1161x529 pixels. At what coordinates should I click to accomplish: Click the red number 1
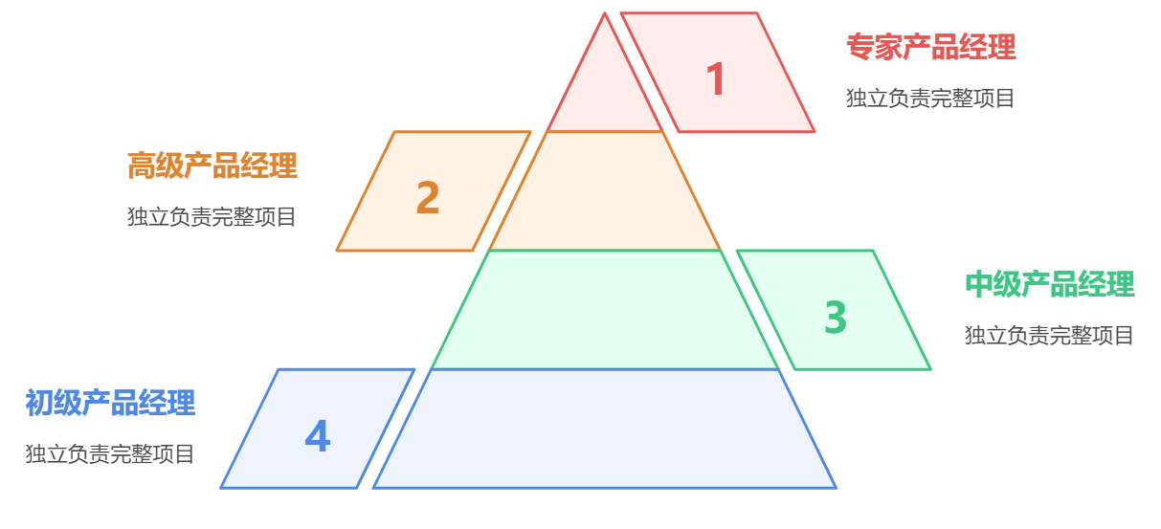(x=716, y=79)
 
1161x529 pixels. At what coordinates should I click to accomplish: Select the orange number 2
(x=428, y=198)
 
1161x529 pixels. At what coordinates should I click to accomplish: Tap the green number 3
(x=836, y=318)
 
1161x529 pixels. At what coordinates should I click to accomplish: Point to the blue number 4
(x=317, y=437)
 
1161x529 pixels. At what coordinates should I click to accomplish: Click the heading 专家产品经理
(x=930, y=47)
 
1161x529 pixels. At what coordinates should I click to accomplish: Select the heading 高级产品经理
(x=212, y=166)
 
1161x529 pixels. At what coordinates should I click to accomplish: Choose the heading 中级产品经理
(x=1049, y=285)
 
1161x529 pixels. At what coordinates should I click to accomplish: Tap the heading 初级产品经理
(x=110, y=404)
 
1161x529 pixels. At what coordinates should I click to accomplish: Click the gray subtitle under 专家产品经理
(x=930, y=99)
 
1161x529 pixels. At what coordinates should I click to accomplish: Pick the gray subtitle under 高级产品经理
(x=212, y=217)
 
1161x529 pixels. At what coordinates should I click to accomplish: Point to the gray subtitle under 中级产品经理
(x=1049, y=336)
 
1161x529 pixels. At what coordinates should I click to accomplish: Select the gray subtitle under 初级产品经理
(x=110, y=454)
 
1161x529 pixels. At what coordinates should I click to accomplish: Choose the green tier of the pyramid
(x=605, y=310)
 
